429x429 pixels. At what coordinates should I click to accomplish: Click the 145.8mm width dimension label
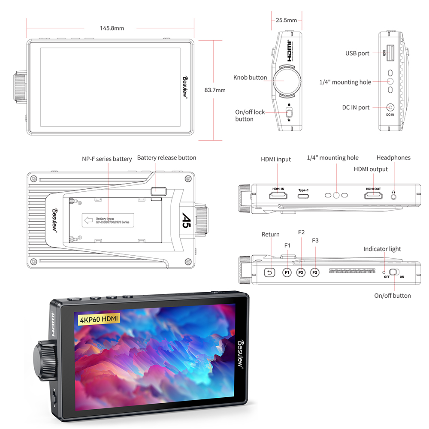112,28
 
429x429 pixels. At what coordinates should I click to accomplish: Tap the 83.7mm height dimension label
215,90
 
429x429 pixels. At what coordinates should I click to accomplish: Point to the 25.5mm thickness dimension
287,20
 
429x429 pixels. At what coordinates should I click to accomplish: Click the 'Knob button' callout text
250,78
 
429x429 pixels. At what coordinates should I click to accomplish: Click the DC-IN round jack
390,108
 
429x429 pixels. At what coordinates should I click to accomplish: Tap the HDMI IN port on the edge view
278,196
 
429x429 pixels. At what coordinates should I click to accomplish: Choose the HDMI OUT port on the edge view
373,196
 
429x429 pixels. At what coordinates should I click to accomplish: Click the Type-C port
304,196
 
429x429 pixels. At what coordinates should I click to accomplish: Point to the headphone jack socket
394,196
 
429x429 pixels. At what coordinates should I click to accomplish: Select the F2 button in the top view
301,272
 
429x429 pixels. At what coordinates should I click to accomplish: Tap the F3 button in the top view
315,272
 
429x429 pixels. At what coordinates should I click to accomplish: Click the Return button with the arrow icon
270,272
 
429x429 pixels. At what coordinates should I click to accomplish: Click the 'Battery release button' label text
166,158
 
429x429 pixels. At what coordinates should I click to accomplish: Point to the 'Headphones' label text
393,158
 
